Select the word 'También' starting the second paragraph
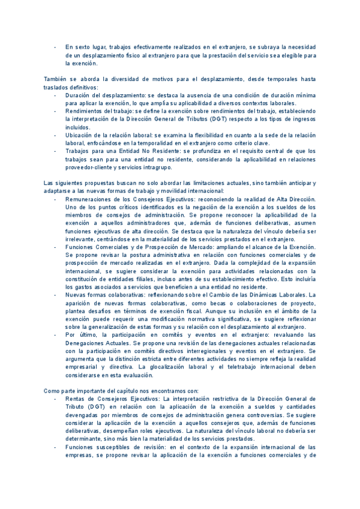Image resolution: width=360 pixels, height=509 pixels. (55, 79)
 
